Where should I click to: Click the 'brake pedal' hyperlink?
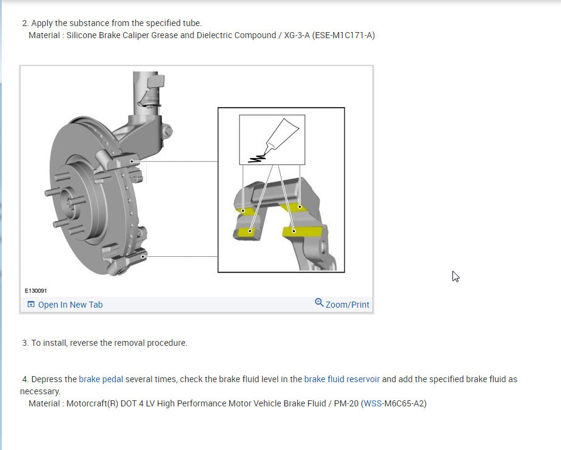tap(101, 379)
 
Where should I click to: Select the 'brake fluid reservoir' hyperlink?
tap(341, 379)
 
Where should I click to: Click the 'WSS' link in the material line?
tap(372, 403)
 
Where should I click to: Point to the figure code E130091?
tap(36, 291)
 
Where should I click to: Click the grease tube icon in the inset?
tap(281, 134)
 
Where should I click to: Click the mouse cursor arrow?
tap(455, 277)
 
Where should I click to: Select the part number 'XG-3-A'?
tap(297, 35)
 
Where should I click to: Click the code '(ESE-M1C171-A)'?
tap(343, 35)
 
